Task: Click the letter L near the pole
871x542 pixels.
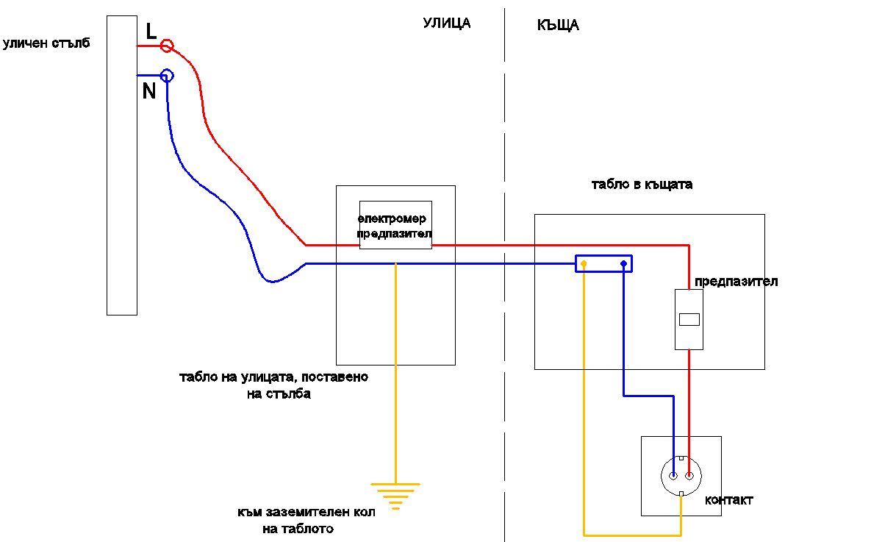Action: [151, 31]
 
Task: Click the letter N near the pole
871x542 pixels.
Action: [149, 90]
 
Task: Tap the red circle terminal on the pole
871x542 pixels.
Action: [167, 46]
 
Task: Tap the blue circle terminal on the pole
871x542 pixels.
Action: [167, 75]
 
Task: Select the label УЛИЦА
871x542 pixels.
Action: [447, 24]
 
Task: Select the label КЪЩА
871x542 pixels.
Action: [559, 25]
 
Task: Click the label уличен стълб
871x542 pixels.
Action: [46, 43]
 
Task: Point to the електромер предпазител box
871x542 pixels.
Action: [395, 225]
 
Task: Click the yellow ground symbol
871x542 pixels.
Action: [395, 496]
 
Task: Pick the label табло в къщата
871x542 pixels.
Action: [642, 184]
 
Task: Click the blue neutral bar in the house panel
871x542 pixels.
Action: [603, 263]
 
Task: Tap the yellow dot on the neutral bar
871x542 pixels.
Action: [584, 263]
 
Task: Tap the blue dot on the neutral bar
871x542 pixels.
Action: [624, 263]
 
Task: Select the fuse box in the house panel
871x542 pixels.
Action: [689, 320]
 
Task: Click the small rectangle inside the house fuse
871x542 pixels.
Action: [689, 320]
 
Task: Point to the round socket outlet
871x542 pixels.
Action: [681, 477]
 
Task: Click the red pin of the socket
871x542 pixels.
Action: [689, 475]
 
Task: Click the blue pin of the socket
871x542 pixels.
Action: [673, 475]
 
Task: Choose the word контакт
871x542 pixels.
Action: [729, 500]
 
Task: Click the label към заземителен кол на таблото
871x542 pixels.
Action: [306, 521]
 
